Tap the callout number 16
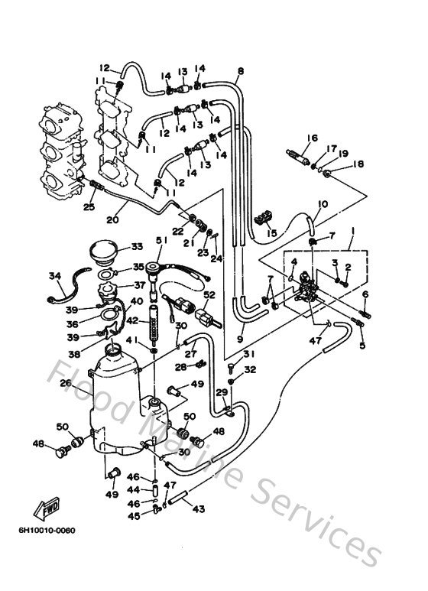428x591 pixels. (313, 138)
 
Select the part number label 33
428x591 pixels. (138, 246)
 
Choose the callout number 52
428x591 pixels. (209, 294)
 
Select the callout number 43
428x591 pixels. (198, 510)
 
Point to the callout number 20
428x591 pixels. (113, 219)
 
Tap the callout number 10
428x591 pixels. (323, 204)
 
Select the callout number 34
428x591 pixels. (54, 275)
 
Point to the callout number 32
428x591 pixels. (249, 369)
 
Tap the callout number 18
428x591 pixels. (358, 163)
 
